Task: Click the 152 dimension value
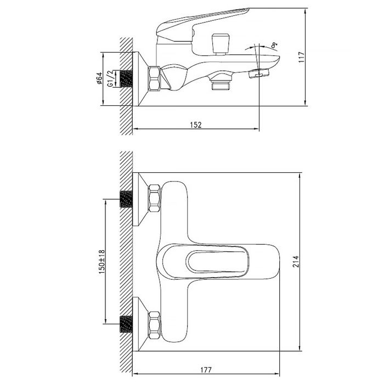[x=196, y=125]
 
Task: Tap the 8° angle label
[x=273, y=46]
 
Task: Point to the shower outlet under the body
[x=221, y=84]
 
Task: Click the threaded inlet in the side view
[x=128, y=78]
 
